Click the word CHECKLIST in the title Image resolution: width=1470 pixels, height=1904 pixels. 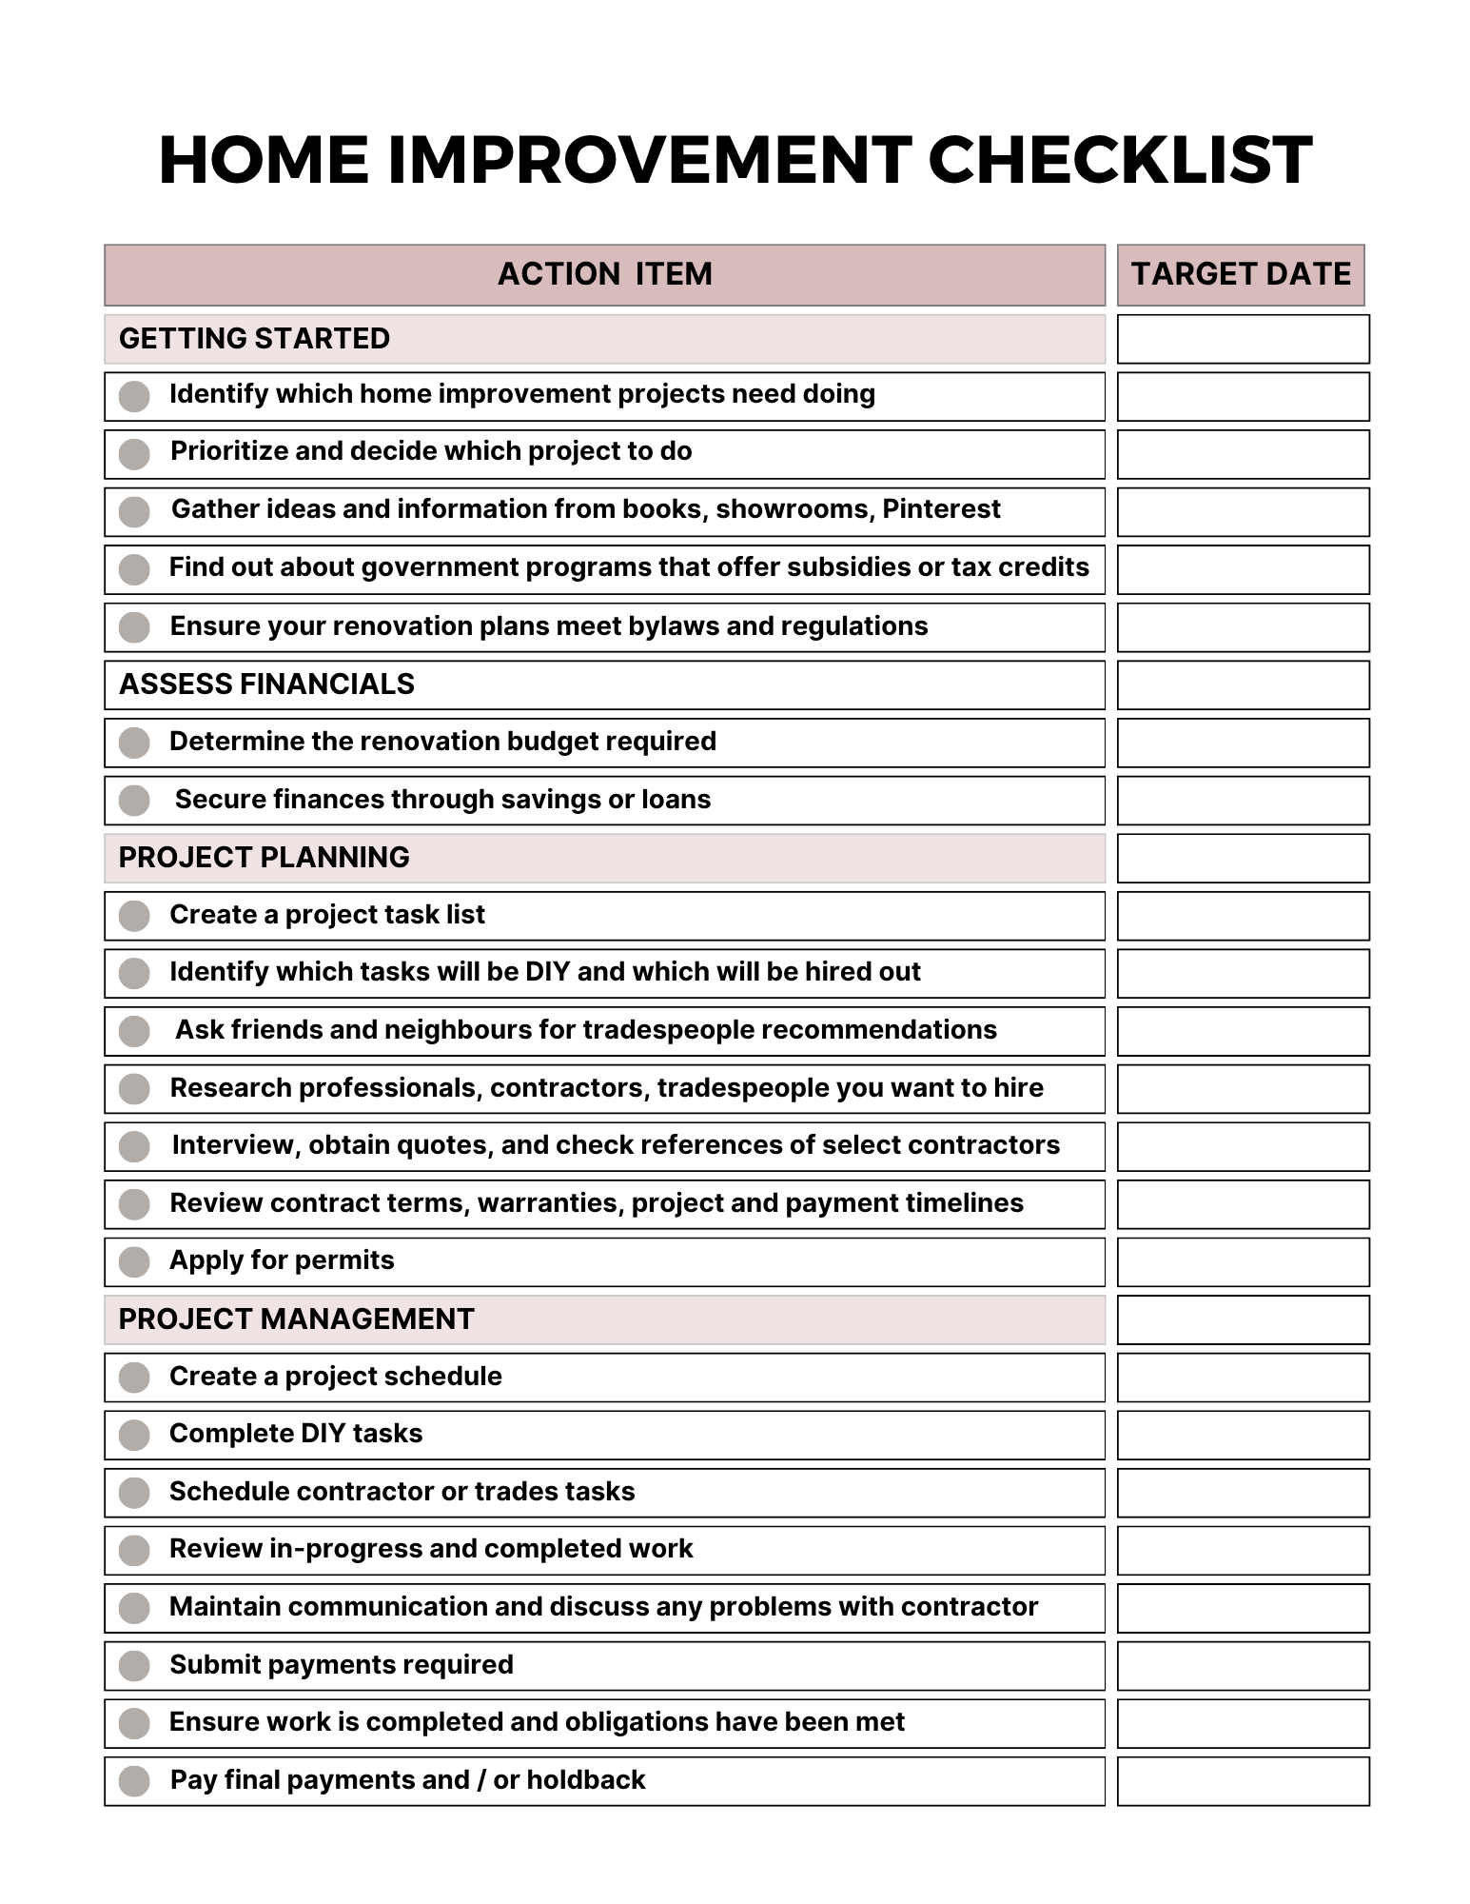coord(1120,160)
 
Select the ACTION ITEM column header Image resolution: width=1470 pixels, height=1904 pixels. coord(604,274)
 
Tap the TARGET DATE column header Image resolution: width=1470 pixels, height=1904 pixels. coord(1241,274)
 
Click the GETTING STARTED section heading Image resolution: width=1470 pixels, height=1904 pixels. coord(254,339)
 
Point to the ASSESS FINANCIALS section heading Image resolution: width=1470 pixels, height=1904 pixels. coord(266,684)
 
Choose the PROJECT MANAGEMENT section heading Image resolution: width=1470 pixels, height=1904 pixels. coord(296,1319)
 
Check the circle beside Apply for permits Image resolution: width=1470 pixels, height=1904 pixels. coord(134,1262)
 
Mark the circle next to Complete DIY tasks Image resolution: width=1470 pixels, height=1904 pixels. coord(134,1436)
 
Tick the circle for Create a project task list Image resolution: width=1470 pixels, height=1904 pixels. coord(134,916)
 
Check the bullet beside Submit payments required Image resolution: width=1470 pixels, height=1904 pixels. coord(134,1666)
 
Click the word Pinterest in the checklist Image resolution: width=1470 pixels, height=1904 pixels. coord(941,509)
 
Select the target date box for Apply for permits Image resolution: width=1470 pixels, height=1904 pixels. coord(1243,1262)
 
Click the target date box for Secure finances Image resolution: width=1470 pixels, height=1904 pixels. coord(1243,801)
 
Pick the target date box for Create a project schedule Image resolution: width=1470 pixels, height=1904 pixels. coord(1243,1378)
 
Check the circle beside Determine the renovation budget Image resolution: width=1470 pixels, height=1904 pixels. coord(134,743)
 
